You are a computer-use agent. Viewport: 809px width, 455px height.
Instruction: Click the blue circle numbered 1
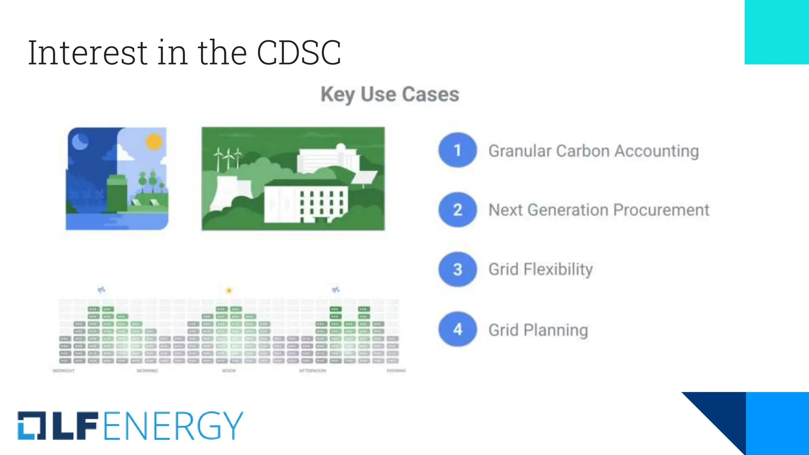457,150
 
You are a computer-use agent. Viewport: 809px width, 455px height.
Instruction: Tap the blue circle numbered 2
457,210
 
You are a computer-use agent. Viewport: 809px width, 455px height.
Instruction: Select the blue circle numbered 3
457,269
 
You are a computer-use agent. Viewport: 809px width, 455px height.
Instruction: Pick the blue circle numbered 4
457,329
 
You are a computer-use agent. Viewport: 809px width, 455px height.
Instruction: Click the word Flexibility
558,270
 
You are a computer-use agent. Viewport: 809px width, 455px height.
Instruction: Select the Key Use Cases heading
390,94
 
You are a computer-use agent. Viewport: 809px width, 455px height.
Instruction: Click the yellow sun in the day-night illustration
154,141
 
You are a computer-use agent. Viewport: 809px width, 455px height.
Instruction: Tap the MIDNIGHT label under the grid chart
64,371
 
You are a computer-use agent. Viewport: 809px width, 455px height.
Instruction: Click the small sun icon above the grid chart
229,291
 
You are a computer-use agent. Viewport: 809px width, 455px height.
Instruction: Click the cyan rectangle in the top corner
777,32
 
